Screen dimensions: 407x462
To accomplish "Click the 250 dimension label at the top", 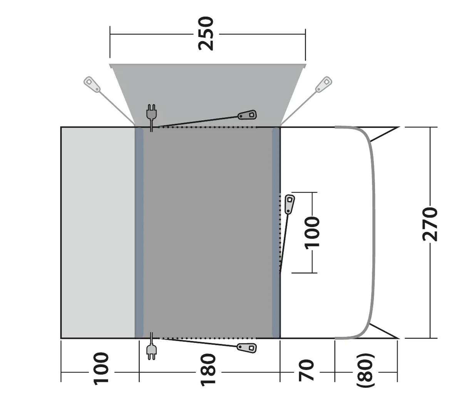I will point(206,33).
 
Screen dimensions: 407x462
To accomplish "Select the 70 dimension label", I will point(307,370).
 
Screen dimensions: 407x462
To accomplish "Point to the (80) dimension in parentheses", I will point(365,370).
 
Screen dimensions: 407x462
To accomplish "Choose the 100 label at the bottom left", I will point(101,368).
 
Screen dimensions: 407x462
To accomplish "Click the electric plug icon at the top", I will point(151,113).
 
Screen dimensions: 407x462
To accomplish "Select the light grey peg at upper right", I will point(323,84).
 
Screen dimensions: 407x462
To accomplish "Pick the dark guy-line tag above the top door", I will point(247,115).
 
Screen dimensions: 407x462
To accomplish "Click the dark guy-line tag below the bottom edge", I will point(247,348).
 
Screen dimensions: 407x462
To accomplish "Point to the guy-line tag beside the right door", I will point(290,204).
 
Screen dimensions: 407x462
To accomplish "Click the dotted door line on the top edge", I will point(208,127).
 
